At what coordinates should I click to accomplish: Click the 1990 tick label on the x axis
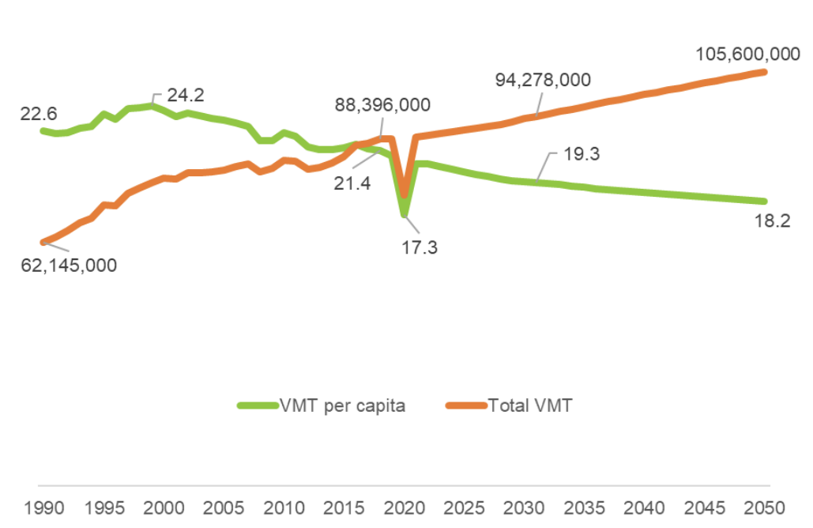[42, 507]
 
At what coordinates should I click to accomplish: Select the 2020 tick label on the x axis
[404, 507]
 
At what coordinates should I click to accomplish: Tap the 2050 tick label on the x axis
[766, 507]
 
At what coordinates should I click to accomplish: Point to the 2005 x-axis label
[223, 507]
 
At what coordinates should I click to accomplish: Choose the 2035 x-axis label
[585, 507]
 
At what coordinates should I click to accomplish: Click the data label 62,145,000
[68, 265]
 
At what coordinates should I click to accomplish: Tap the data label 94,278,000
[543, 80]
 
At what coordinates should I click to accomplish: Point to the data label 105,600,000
[747, 54]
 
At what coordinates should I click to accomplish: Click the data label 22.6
[39, 114]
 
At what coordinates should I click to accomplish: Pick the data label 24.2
[186, 95]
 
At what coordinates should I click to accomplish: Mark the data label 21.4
[352, 183]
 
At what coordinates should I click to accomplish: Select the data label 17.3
[419, 247]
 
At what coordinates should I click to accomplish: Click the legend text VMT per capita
[342, 405]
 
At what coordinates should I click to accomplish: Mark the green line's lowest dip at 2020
[404, 214]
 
